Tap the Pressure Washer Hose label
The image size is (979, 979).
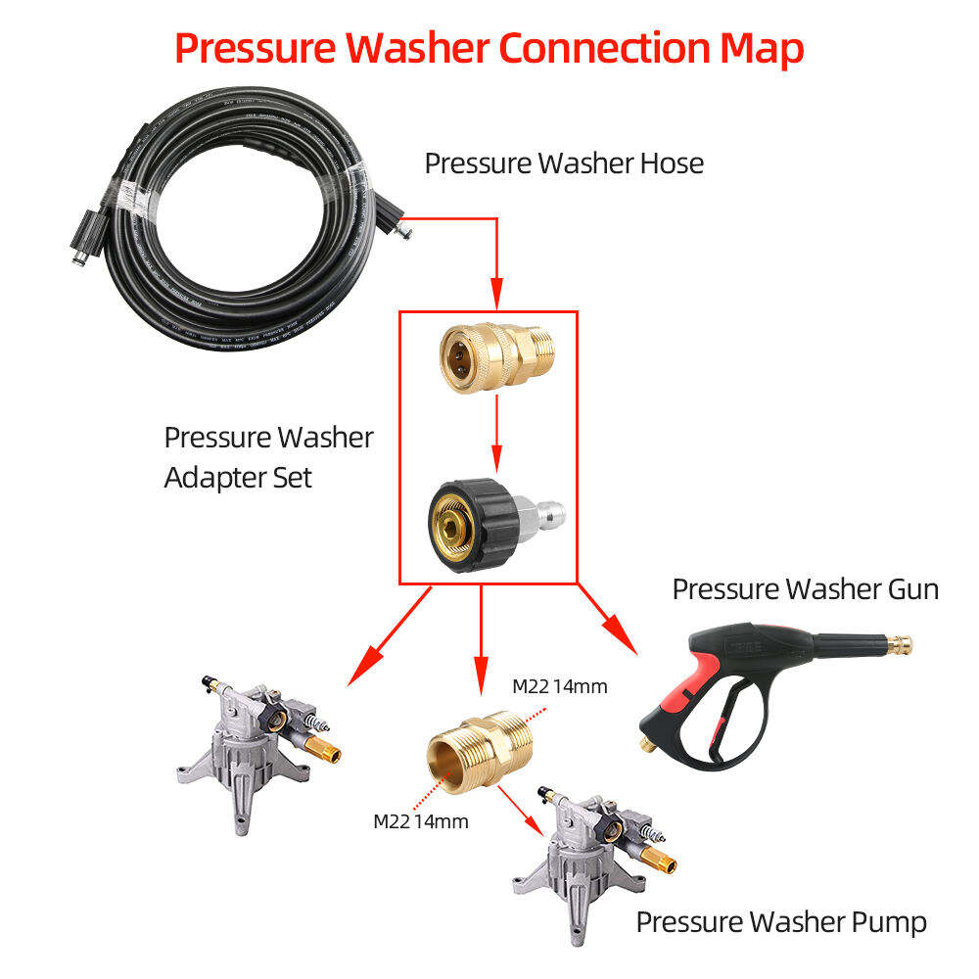click(564, 163)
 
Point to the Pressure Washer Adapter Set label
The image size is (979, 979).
click(268, 457)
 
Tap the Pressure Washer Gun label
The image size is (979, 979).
click(805, 589)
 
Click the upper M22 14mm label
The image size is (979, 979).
click(559, 686)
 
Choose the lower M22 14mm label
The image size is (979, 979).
click(420, 820)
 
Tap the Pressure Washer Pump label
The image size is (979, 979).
click(781, 921)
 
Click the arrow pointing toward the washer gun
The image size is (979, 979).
click(609, 623)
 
